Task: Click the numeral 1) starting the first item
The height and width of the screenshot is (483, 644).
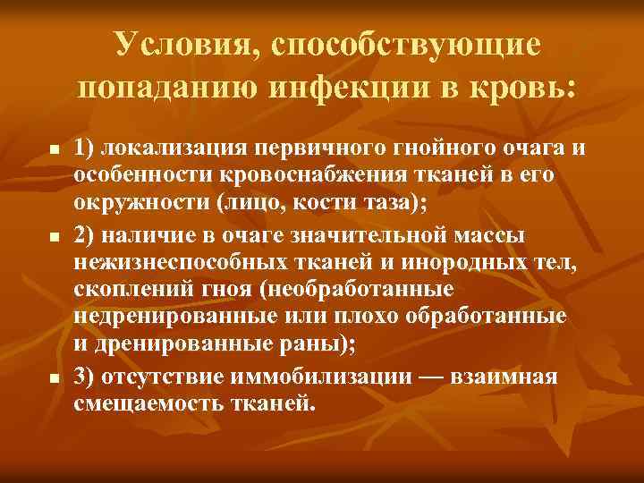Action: (x=86, y=147)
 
